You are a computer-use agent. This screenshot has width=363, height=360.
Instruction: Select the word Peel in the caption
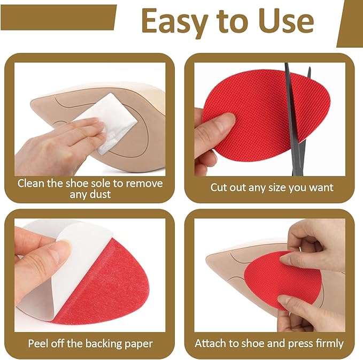pyautogui.click(x=40, y=343)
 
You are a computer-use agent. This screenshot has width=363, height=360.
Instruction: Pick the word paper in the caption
pyautogui.click(x=138, y=343)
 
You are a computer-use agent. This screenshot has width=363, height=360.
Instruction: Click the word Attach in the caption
pyautogui.click(x=211, y=343)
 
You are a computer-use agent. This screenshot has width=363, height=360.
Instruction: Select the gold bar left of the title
pyautogui.click(x=58, y=17)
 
